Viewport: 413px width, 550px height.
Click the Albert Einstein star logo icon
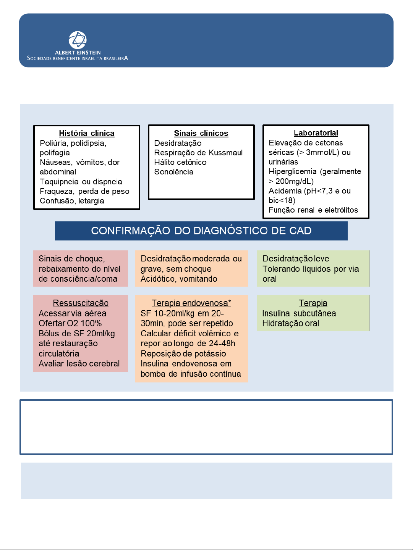pyautogui.click(x=78, y=40)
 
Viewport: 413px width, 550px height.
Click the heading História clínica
pyautogui.click(x=86, y=133)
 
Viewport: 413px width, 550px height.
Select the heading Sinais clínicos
pyautogui.click(x=201, y=133)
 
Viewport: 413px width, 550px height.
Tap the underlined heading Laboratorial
pyautogui.click(x=316, y=133)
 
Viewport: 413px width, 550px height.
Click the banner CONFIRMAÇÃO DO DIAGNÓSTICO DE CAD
pyautogui.click(x=201, y=231)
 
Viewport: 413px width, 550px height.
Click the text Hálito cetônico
pyautogui.click(x=180, y=162)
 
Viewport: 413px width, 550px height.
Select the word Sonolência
pyautogui.click(x=173, y=172)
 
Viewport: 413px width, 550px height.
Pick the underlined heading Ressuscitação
pyautogui.click(x=81, y=303)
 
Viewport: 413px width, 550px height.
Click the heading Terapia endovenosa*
pyautogui.click(x=191, y=303)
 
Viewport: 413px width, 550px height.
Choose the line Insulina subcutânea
pyautogui.click(x=299, y=313)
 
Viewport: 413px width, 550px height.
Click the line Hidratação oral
pyautogui.click(x=290, y=323)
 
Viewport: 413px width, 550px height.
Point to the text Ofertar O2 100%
pyautogui.click(x=70, y=323)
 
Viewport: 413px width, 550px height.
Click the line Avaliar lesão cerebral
pyautogui.click(x=79, y=364)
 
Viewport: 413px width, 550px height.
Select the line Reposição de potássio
pyautogui.click(x=183, y=353)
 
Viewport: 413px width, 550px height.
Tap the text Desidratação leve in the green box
pyautogui.click(x=296, y=258)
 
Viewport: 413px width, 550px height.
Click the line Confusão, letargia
pyautogui.click(x=72, y=201)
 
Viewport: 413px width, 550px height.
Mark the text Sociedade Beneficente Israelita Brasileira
pyautogui.click(x=78, y=58)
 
